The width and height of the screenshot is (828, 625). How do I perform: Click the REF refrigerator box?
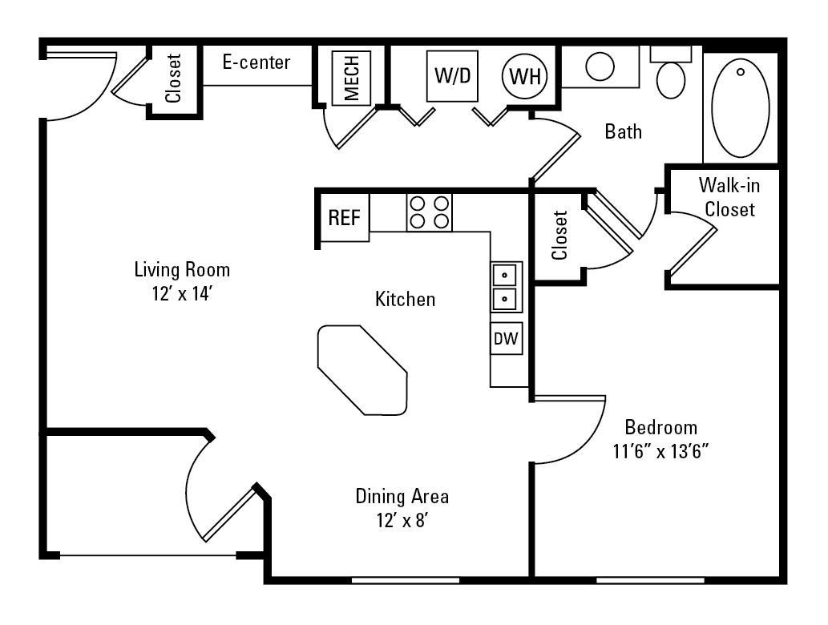coord(345,218)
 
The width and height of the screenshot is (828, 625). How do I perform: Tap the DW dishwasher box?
coord(506,338)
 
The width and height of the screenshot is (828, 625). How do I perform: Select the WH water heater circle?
coord(525,77)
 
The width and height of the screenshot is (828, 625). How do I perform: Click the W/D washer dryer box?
coord(451,76)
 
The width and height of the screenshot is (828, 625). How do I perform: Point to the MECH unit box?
coord(351,77)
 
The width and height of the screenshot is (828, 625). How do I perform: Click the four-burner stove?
coord(429,212)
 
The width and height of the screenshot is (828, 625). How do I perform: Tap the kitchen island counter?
coord(361,369)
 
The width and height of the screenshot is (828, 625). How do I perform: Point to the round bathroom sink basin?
coord(600,66)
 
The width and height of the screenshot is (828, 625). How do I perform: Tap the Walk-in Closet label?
coord(729,198)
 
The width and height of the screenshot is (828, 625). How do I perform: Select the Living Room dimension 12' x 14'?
coord(182,294)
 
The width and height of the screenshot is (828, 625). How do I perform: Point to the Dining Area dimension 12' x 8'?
coord(402,520)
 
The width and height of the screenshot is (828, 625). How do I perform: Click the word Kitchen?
coord(406,300)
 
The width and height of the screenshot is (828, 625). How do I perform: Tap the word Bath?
coord(623,131)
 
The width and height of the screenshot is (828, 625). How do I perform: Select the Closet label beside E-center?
coord(173,78)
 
